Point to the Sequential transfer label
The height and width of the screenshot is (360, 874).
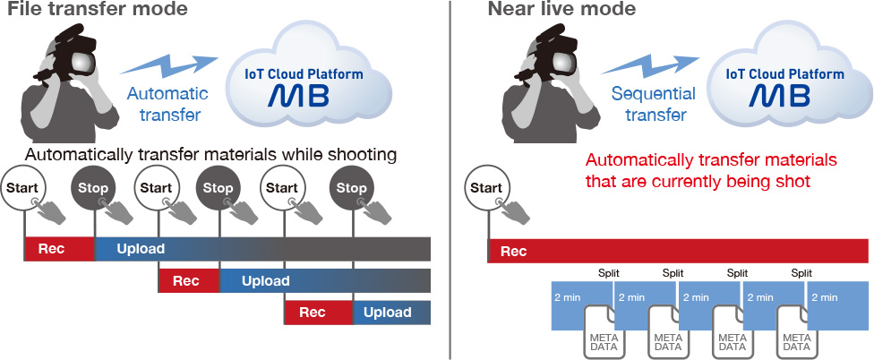654,104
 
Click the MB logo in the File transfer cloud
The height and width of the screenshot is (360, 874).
298,95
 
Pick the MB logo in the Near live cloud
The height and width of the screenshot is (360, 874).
780,95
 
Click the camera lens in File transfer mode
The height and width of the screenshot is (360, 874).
82,64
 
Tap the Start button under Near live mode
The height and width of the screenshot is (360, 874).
486,188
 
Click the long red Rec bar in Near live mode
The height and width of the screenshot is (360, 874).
678,252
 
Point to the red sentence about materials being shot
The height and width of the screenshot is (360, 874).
711,170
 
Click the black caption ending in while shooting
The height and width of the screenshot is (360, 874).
210,155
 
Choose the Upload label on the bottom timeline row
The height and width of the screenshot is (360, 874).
388,313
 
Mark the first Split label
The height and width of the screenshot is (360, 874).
608,273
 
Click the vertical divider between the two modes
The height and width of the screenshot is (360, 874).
450,180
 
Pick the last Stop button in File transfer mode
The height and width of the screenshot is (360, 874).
351,188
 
